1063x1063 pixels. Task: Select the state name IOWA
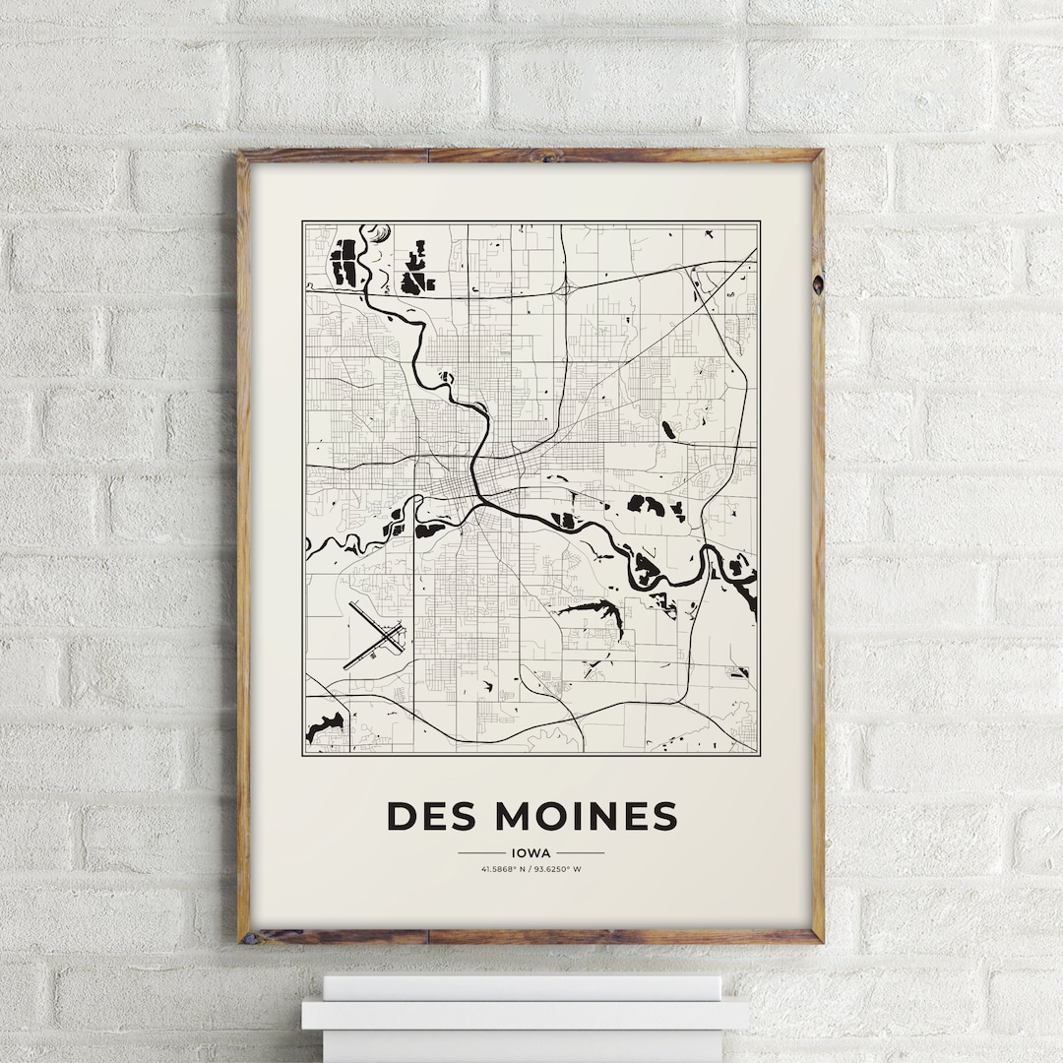click(x=531, y=853)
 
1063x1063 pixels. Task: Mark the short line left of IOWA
click(x=481, y=853)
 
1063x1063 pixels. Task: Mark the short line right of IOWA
click(x=580, y=853)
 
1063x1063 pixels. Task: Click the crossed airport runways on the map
click(x=374, y=635)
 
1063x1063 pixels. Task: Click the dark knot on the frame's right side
click(x=816, y=283)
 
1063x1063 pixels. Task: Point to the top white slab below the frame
click(x=522, y=987)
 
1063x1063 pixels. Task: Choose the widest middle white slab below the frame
click(x=525, y=1014)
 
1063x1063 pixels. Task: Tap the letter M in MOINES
click(x=515, y=816)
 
